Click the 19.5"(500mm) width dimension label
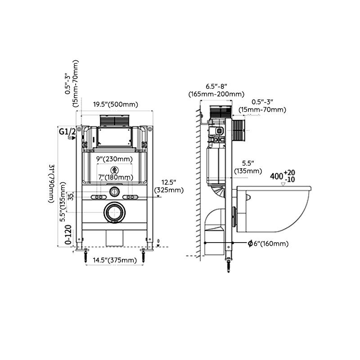pyautogui.click(x=115, y=104)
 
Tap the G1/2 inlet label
pyautogui.click(x=67, y=131)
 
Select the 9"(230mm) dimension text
pyautogui.click(x=115, y=159)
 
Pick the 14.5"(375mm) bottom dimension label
pyautogui.click(x=115, y=260)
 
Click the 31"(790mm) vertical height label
pyautogui.click(x=52, y=183)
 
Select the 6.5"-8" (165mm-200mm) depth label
pyautogui.click(x=216, y=90)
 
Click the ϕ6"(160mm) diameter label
pyautogui.click(x=268, y=243)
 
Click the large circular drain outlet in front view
pyautogui.click(x=115, y=213)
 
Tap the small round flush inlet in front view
pyautogui.click(x=115, y=192)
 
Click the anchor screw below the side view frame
pyautogui.click(x=229, y=265)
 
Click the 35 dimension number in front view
pyautogui.click(x=71, y=197)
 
